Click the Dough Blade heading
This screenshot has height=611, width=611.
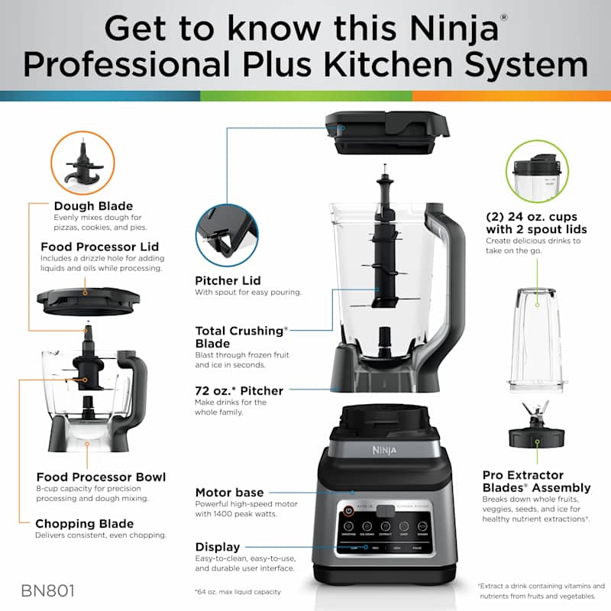pyautogui.click(x=93, y=205)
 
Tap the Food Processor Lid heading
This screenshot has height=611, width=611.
pyautogui.click(x=101, y=247)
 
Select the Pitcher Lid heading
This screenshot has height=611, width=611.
pyautogui.click(x=228, y=280)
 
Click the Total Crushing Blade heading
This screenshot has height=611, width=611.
pyautogui.click(x=241, y=337)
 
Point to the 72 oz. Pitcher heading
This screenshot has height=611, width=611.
pyautogui.click(x=239, y=390)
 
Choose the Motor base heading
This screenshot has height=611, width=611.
pyautogui.click(x=229, y=493)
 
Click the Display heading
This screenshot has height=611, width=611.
pyautogui.click(x=218, y=547)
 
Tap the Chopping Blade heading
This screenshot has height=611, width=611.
pyautogui.click(x=84, y=524)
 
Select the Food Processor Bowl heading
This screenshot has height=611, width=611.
pyautogui.click(x=100, y=477)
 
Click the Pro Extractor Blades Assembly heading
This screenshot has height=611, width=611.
pyautogui.click(x=536, y=480)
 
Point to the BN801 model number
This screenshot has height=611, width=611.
pyautogui.click(x=49, y=590)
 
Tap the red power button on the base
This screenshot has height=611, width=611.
pyautogui.click(x=349, y=509)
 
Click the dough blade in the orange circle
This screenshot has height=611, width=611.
pyautogui.click(x=82, y=163)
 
